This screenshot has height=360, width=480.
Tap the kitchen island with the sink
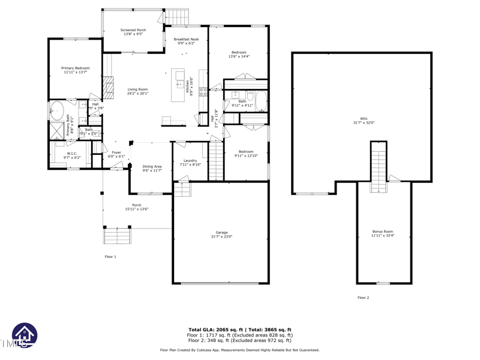pyautogui.click(x=179, y=85)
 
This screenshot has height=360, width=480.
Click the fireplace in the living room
pyautogui.click(x=109, y=88)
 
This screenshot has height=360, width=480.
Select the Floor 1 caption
pyautogui.click(x=110, y=257)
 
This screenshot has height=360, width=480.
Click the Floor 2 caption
pyautogui.click(x=364, y=298)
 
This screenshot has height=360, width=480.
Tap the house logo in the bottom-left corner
pyautogui.click(x=24, y=335)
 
